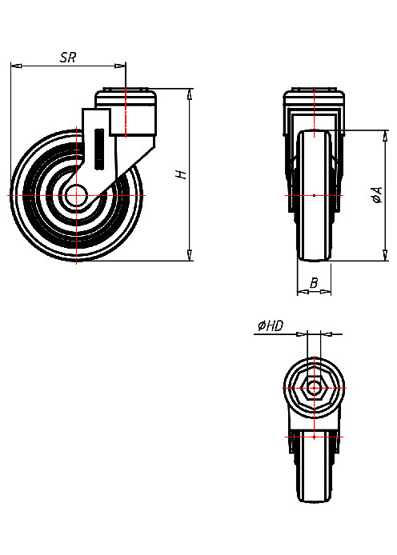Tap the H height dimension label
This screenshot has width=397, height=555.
182,174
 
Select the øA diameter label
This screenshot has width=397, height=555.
375,195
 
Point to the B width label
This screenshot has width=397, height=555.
315,282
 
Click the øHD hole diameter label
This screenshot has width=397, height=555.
269,325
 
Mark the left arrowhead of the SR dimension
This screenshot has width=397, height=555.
15,66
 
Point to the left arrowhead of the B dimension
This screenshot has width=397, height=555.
302,293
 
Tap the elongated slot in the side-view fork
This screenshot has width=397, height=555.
98,149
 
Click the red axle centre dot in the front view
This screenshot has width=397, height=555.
315,195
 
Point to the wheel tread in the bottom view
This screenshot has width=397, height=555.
315,480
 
